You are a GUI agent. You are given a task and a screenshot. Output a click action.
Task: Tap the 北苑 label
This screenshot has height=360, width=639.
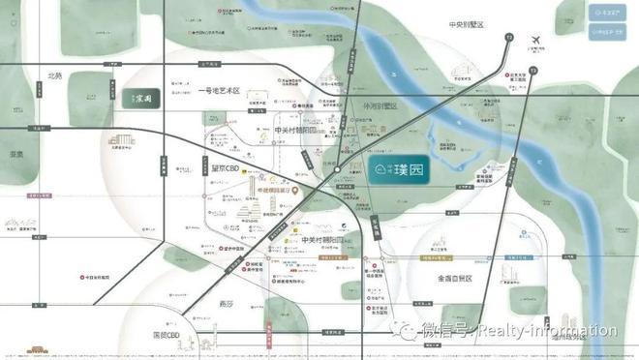53,75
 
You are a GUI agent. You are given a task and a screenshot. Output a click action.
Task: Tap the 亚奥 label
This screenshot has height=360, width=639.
15,154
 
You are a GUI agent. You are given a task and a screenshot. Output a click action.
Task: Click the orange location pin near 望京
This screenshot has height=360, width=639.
296,192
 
